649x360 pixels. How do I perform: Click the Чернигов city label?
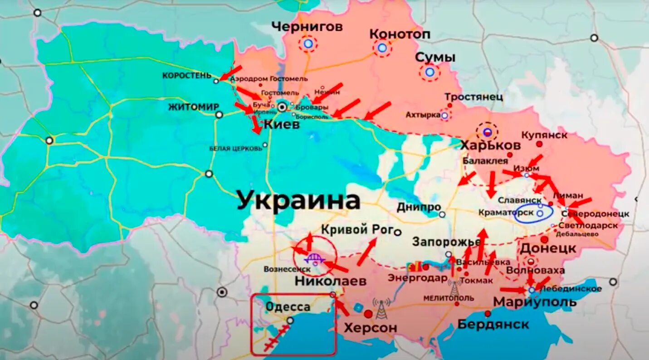[307, 27]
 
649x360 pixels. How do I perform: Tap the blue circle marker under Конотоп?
[382, 48]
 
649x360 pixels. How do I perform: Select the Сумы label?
[435, 58]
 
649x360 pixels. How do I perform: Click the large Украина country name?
[298, 201]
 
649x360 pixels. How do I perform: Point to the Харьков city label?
[490, 146]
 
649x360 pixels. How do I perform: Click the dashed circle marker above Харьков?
[487, 132]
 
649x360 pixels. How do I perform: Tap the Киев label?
[282, 124]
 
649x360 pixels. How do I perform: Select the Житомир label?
[194, 107]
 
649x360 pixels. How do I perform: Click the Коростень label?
[187, 76]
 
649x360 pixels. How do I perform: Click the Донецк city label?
[548, 248]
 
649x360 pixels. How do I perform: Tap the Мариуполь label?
[535, 302]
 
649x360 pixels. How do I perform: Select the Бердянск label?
[493, 325]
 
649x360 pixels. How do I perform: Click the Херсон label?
[371, 327]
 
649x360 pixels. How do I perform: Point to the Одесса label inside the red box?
[288, 307]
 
